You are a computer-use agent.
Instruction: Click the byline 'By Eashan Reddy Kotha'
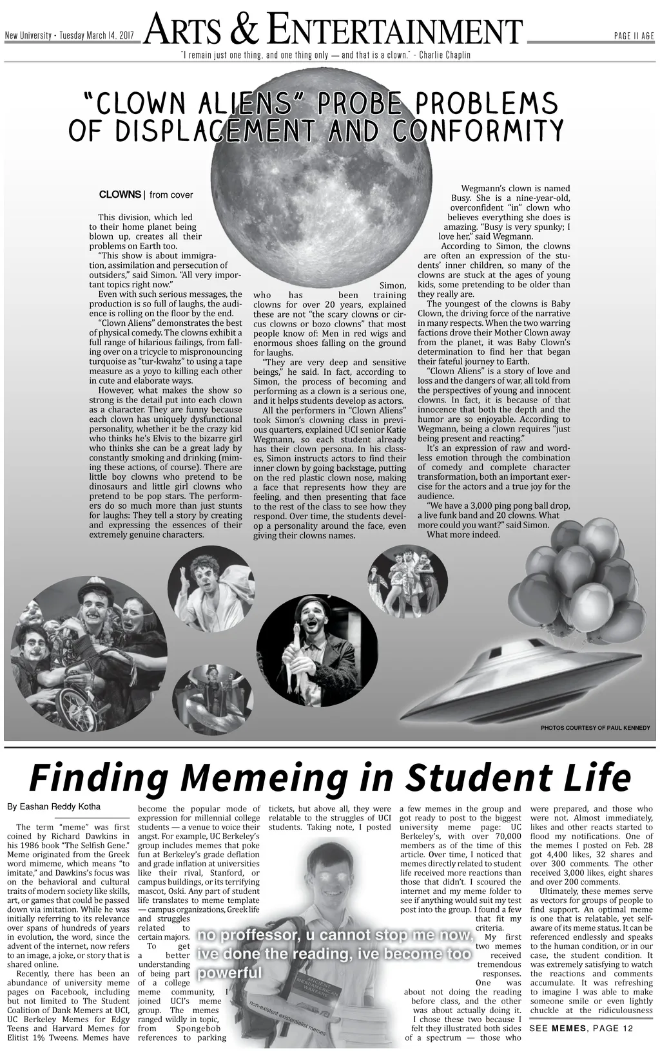53,806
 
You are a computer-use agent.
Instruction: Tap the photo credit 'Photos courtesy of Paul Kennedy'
595,727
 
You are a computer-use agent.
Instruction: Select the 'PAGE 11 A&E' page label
634,36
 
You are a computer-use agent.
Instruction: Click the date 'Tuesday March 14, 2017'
97,36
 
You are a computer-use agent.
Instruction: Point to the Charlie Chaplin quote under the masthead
326,55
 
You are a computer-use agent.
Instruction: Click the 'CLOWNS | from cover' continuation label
146,195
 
